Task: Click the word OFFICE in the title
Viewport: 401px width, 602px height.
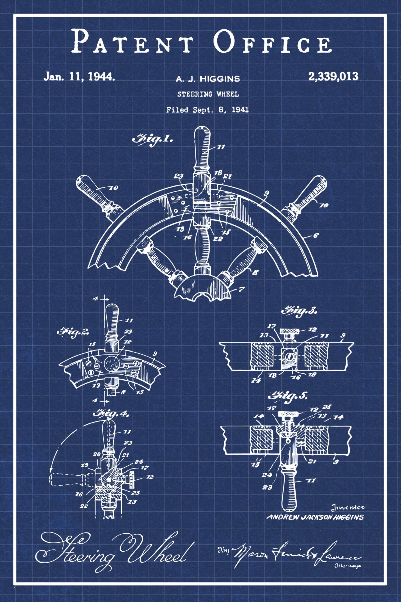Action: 273,41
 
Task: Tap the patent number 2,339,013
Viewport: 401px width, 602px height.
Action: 333,76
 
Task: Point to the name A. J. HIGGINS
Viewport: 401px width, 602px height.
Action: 208,79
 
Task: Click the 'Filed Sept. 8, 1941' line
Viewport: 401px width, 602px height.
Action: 208,110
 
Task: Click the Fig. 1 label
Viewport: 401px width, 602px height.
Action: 153,139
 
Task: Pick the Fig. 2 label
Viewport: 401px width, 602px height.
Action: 73,332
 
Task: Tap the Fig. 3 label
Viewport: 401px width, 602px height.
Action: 299,311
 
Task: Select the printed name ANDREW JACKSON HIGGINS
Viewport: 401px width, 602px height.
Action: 314,517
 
